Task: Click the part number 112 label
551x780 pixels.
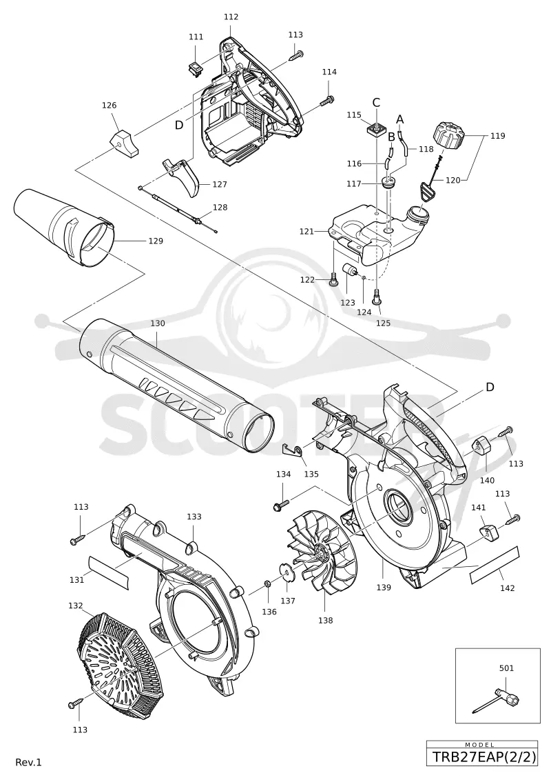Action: (x=231, y=17)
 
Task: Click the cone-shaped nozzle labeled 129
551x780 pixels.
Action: (x=65, y=228)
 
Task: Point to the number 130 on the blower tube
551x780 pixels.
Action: (x=158, y=323)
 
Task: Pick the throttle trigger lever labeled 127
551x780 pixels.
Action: (x=182, y=177)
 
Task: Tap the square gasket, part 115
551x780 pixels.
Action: (x=376, y=130)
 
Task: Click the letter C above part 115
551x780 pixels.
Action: (x=376, y=103)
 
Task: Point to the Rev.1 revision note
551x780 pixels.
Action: (x=29, y=762)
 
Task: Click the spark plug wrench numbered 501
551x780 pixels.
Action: (x=497, y=701)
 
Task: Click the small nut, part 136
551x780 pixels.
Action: (x=267, y=583)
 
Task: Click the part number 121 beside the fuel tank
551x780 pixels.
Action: (x=306, y=231)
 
